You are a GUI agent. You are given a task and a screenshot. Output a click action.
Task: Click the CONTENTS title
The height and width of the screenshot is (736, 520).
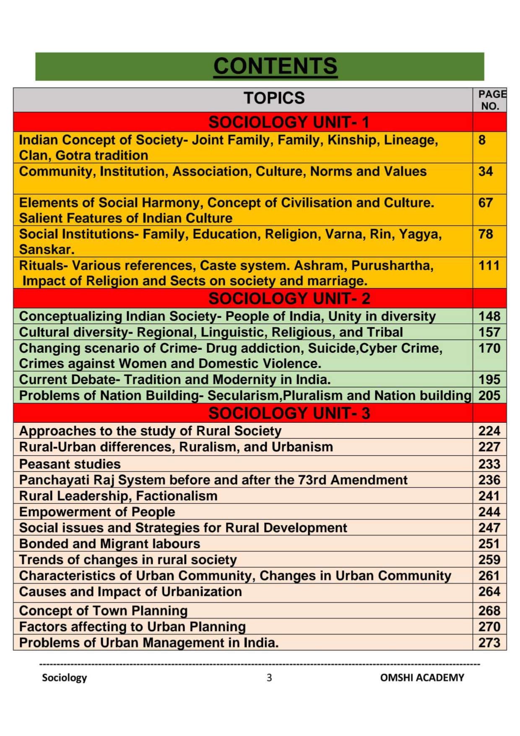click(275, 66)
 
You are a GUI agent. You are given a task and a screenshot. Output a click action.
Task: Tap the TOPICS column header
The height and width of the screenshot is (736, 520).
click(274, 98)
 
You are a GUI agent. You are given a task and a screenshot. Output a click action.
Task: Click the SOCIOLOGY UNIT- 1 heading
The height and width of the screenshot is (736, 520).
click(289, 122)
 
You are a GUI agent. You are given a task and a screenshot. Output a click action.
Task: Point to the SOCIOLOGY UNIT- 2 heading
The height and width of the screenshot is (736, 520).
click(289, 299)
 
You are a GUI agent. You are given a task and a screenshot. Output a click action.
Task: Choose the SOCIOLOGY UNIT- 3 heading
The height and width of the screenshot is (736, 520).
click(289, 414)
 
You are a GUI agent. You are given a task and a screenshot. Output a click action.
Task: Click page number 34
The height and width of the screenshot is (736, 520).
click(486, 172)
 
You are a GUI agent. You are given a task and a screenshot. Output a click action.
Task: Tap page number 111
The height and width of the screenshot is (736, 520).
click(489, 265)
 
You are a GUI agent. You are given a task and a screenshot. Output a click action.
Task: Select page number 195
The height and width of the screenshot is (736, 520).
click(489, 380)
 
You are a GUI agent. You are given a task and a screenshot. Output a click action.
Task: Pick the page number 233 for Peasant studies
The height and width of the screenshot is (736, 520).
click(489, 464)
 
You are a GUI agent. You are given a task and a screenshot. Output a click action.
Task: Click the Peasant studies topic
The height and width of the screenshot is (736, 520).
click(70, 464)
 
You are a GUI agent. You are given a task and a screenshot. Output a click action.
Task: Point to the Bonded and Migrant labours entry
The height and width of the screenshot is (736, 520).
click(109, 544)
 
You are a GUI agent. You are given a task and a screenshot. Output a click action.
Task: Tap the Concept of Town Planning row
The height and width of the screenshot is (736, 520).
click(103, 611)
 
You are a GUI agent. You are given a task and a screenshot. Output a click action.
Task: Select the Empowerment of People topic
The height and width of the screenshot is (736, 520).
click(97, 512)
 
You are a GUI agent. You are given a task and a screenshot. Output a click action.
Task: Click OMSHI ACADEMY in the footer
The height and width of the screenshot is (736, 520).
click(422, 678)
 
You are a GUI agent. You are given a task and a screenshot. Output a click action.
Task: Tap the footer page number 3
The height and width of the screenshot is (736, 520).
click(269, 678)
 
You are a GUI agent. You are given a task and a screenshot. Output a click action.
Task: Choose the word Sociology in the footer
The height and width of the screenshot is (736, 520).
click(64, 678)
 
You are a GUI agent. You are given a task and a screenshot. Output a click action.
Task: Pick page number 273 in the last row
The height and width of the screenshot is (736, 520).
click(489, 642)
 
